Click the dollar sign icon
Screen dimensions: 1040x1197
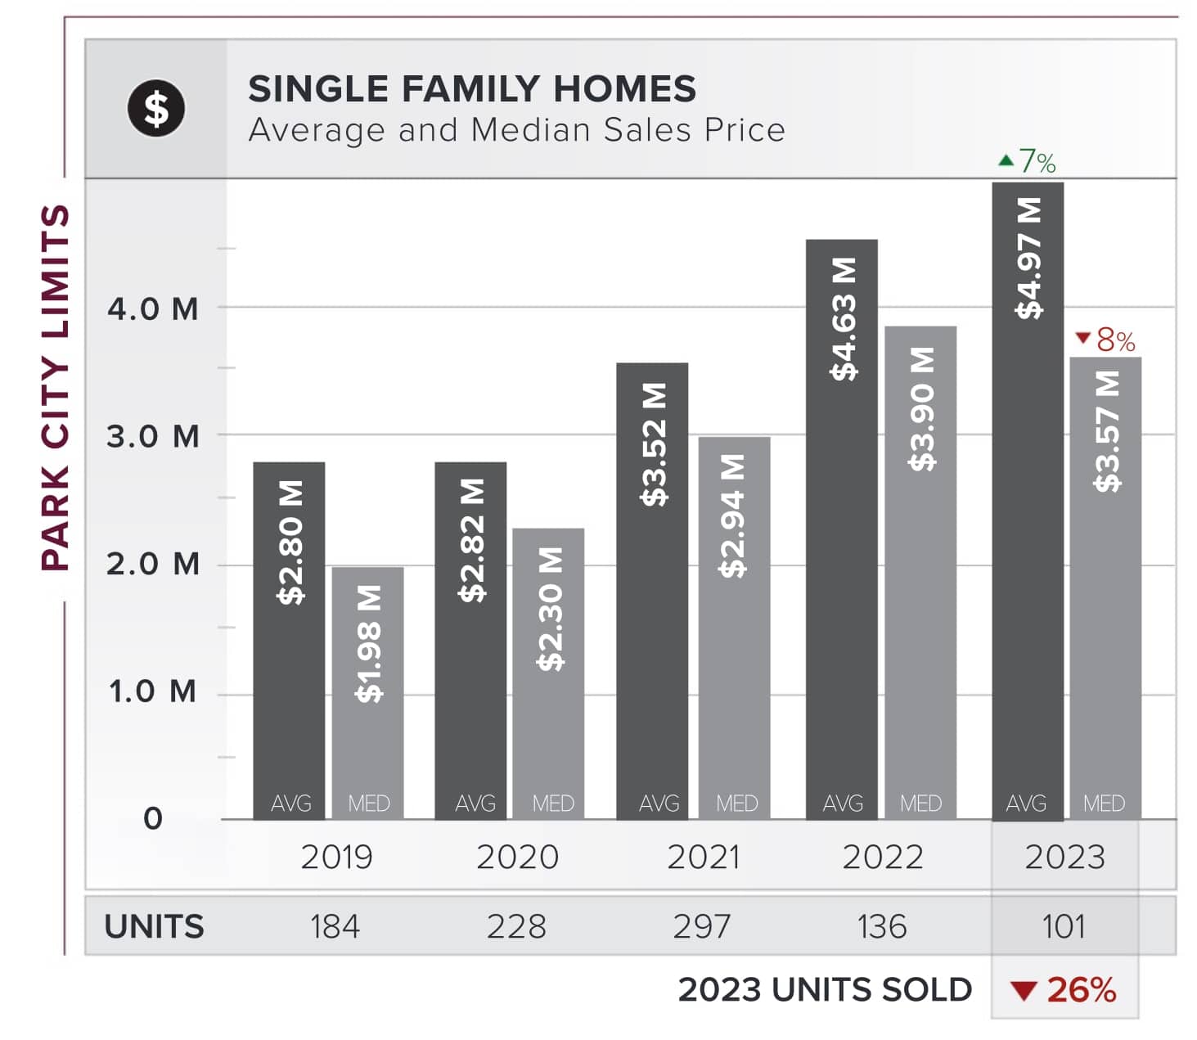156,108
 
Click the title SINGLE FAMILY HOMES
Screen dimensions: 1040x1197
472,88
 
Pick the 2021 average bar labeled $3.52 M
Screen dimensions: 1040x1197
652,590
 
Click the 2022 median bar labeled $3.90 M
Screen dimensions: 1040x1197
920,572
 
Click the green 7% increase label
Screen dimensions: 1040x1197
1028,161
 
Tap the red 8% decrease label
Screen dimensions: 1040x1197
1105,339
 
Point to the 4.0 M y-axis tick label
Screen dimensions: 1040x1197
153,309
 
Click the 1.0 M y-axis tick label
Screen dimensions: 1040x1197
153,692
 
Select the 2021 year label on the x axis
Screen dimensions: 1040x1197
703,857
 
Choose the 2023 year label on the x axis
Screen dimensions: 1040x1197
1064,857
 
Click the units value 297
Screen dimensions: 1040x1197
701,926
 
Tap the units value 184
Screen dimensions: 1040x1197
335,926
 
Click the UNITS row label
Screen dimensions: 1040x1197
154,926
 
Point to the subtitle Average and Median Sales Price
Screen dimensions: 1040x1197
516,130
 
